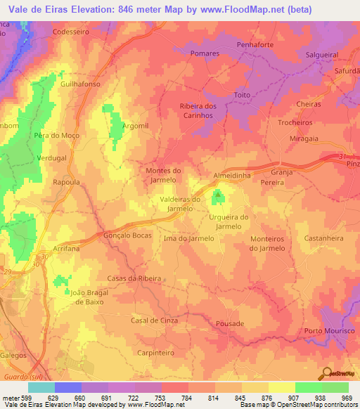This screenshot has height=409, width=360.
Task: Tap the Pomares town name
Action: [x=205, y=53]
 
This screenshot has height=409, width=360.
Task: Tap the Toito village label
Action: [x=243, y=95]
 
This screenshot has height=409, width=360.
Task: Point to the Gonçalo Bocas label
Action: [x=128, y=237]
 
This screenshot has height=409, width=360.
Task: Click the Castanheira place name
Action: [x=324, y=238]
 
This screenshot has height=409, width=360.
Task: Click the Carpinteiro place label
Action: [x=156, y=352]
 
